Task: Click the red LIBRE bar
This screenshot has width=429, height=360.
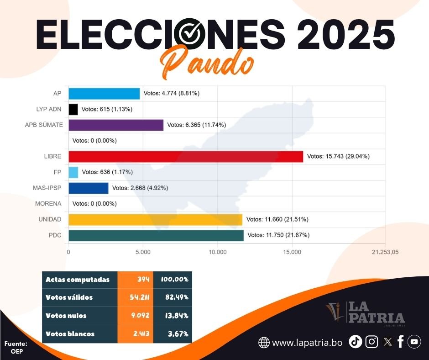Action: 186,156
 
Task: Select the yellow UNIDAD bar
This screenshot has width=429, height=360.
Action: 155,219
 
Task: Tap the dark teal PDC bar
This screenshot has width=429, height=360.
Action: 156,235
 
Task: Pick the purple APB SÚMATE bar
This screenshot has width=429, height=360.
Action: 116,125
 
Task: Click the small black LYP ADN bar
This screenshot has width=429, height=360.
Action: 73,109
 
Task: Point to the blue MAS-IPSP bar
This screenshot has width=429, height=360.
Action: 89,188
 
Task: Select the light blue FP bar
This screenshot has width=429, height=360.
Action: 73,172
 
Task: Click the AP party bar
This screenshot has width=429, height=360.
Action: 104,93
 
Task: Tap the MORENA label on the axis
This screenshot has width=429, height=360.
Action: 48,204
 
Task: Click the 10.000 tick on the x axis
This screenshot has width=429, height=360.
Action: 218,252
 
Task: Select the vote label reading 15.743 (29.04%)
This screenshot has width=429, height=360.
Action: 338,156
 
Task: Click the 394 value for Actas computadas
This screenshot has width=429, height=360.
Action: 143,279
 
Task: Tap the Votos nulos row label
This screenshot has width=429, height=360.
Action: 66,316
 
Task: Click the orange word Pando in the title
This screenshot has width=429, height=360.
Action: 208,65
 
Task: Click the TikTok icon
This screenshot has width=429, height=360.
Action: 356,342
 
